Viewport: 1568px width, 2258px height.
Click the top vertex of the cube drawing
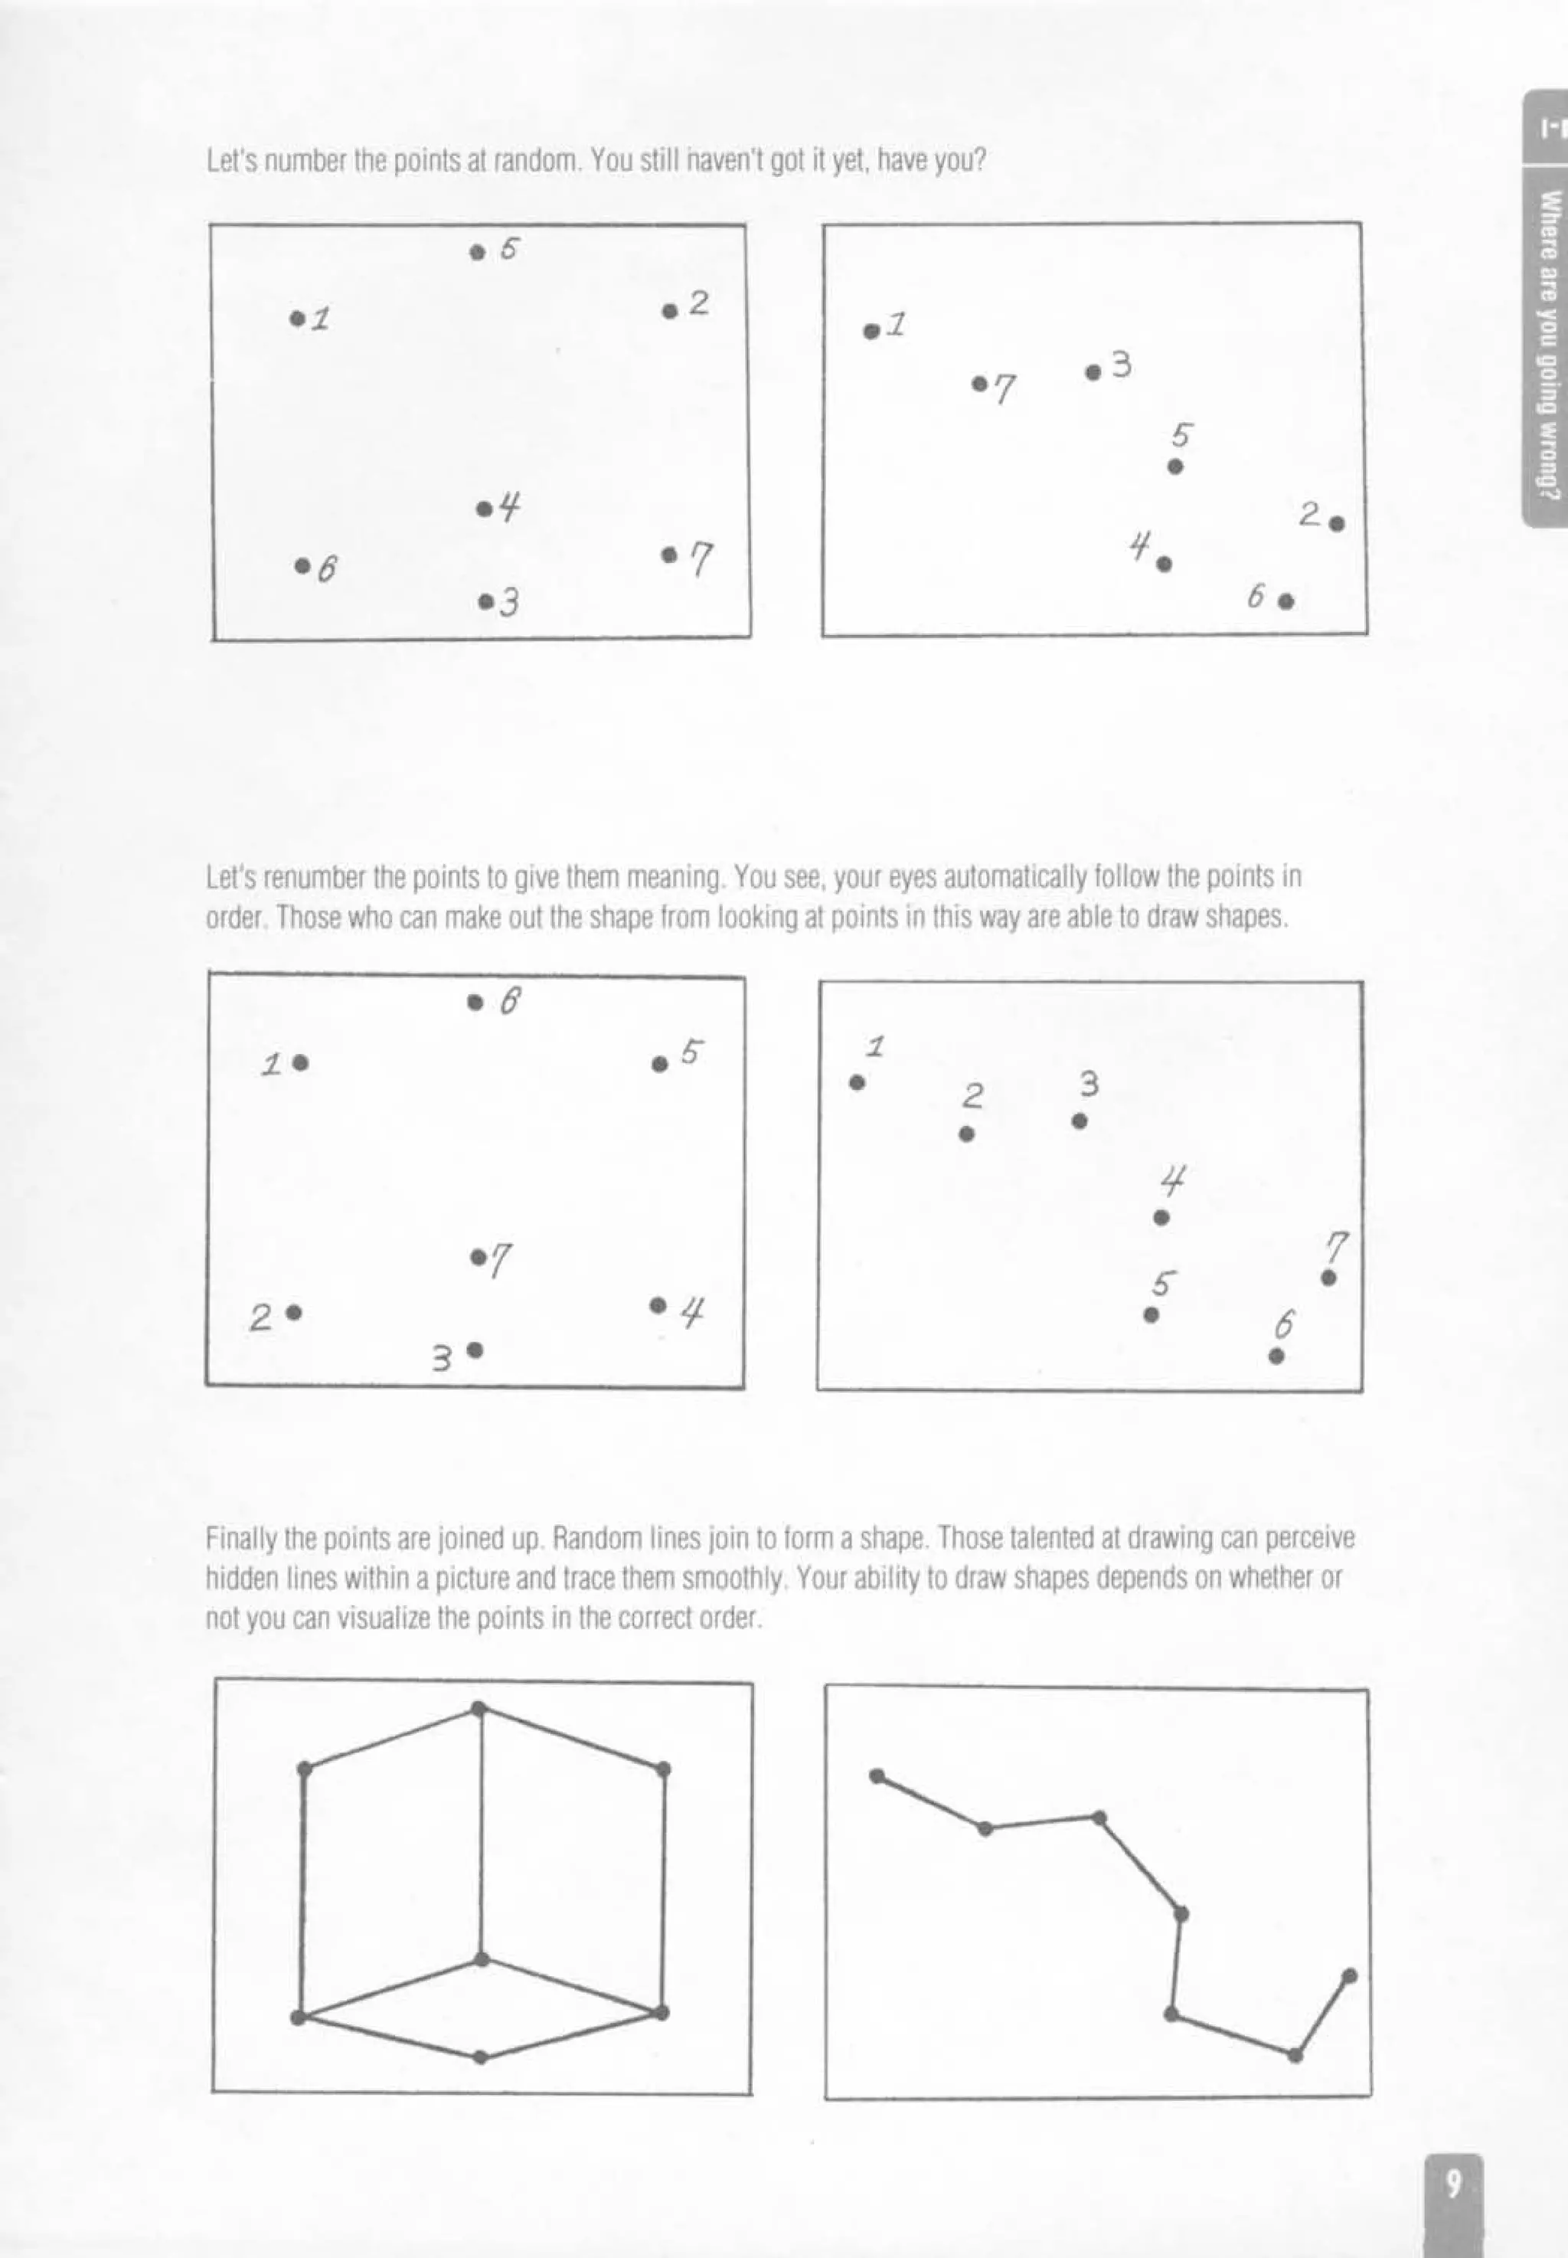479,1708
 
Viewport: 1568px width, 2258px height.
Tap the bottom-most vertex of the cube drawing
480,2057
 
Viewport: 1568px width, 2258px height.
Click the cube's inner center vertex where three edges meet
482,1959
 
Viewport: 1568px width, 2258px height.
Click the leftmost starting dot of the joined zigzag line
877,1775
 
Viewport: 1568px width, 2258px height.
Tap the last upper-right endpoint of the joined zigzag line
1349,1975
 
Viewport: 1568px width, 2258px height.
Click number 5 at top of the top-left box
508,249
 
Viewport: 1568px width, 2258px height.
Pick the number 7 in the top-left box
701,559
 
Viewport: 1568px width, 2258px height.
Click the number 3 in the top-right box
1121,365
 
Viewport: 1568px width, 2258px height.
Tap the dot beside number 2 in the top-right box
1336,524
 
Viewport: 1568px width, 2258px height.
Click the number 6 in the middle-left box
509,1001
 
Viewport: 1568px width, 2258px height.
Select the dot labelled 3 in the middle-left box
475,1349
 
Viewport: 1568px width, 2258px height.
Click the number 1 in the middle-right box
875,1046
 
